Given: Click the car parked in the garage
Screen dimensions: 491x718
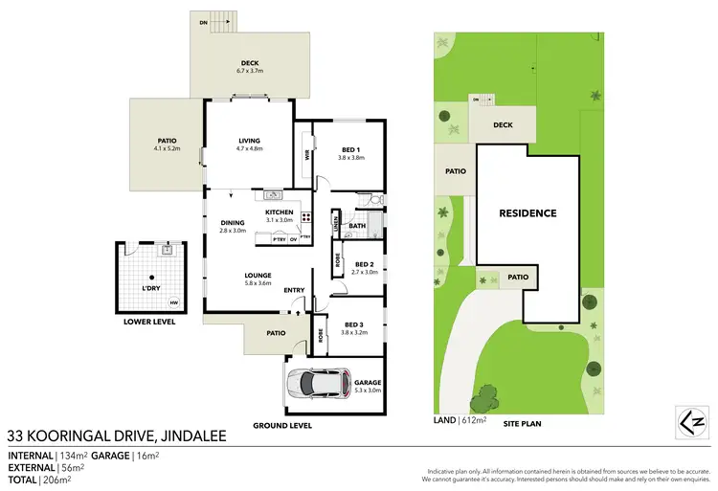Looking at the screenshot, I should [317, 384].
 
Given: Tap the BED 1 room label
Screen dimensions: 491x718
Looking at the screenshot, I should [351, 149].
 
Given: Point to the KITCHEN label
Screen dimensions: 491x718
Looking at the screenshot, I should [279, 212].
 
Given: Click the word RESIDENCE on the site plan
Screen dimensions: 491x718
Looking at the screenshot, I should [527, 212].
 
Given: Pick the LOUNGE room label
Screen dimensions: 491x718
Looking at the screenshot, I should [258, 275].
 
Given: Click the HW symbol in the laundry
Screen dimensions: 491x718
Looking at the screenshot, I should [174, 303].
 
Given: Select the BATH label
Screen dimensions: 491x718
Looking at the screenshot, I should [358, 226].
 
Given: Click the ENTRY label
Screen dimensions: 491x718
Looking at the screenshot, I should [294, 291].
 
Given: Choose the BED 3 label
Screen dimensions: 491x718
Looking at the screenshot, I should [353, 326].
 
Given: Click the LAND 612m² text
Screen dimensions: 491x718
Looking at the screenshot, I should [460, 419].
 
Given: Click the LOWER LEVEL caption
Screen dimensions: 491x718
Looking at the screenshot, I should [149, 323].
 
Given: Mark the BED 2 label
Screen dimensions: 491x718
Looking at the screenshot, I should [365, 264].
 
